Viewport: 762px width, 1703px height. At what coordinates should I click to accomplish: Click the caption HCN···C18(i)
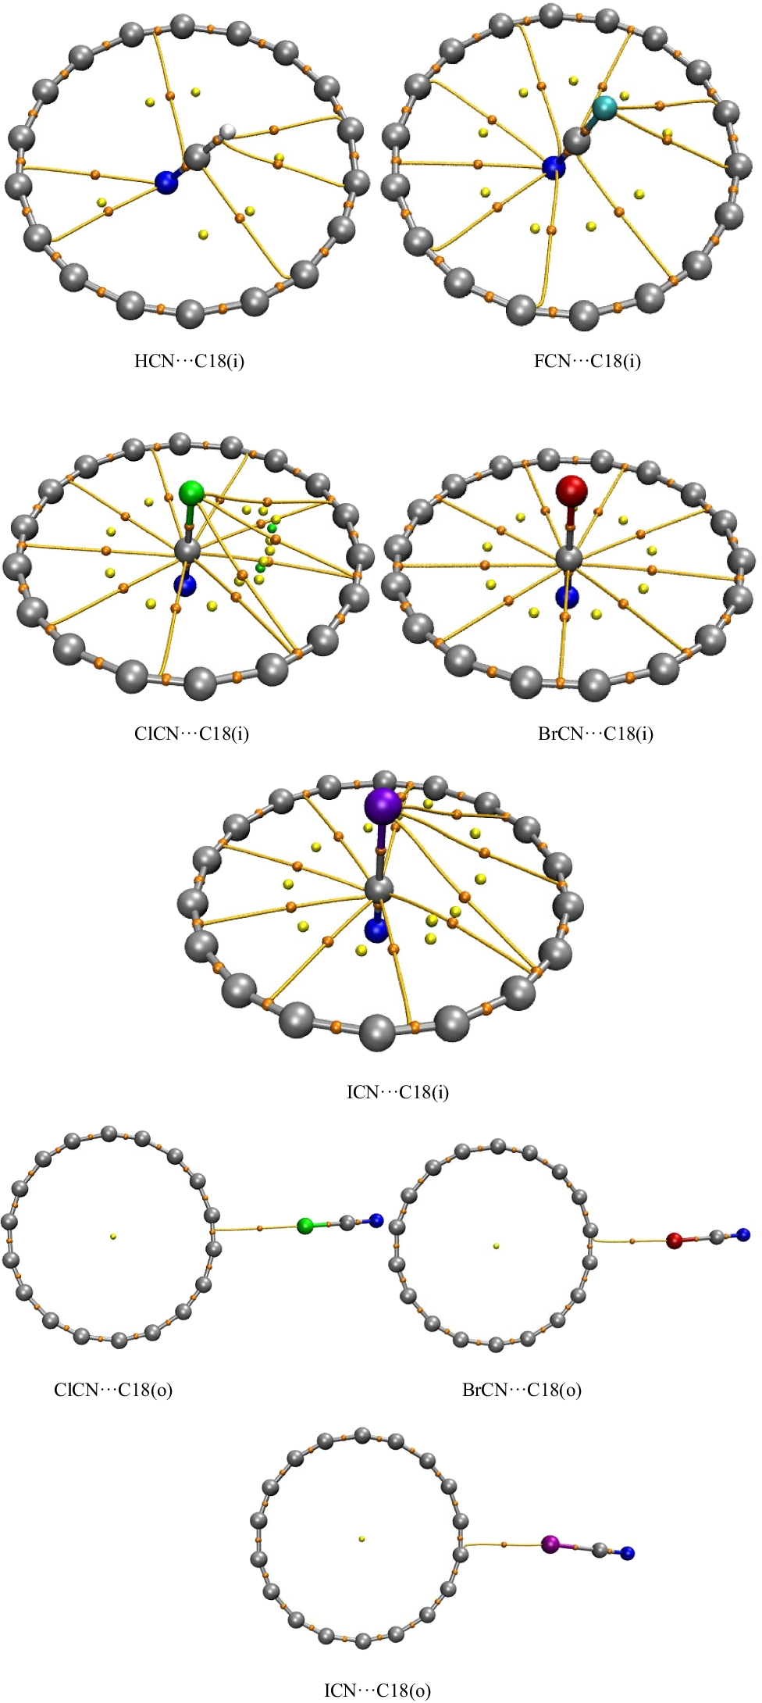(x=189, y=361)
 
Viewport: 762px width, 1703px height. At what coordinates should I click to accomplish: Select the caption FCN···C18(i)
(x=587, y=361)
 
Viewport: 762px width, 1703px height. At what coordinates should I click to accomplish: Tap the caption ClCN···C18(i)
(x=191, y=734)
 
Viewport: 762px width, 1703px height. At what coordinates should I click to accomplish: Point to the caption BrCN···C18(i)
(x=596, y=734)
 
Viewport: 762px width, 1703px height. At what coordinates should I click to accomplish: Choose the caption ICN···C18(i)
(x=397, y=1091)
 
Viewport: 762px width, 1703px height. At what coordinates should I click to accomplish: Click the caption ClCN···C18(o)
(x=113, y=1390)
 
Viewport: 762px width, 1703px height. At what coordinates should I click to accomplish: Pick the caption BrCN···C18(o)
(x=522, y=1390)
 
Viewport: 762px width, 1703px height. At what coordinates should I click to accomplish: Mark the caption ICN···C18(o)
(x=377, y=1691)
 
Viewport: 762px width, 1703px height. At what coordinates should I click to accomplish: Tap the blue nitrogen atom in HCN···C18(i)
(x=166, y=182)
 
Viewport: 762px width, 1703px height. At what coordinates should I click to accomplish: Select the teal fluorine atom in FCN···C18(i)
(x=604, y=107)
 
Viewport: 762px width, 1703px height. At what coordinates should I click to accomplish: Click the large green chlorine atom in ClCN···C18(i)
(x=191, y=493)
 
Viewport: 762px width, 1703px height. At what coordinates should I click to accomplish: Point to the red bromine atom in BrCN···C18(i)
(x=571, y=491)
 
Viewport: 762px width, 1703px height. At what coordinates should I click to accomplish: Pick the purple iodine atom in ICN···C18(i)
(x=383, y=805)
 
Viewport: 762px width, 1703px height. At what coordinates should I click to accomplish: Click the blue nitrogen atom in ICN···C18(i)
(x=376, y=930)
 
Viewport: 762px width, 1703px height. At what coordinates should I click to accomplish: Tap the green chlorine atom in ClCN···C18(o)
(x=305, y=1226)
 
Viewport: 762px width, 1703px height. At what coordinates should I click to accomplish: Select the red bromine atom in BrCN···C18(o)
(x=675, y=1241)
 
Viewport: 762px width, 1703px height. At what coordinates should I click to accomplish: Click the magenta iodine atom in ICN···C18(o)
(x=550, y=1544)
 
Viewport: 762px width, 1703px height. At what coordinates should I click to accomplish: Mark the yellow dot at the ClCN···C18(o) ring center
(x=113, y=1236)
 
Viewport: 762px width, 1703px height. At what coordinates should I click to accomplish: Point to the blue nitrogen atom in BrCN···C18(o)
(x=742, y=1235)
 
